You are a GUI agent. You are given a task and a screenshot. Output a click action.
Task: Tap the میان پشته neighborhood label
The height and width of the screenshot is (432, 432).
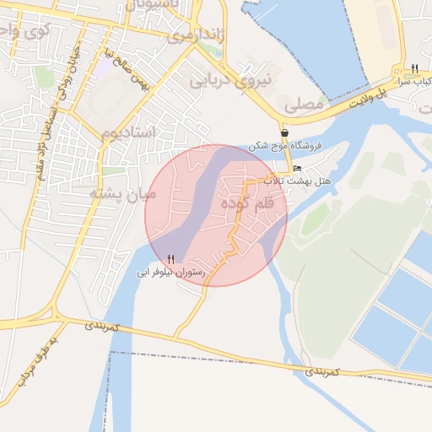click(x=124, y=194)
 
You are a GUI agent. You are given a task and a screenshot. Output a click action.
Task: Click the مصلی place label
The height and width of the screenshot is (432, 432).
click(x=305, y=105)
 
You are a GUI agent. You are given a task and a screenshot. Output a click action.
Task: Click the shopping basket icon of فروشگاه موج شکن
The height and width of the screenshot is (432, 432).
click(x=286, y=133)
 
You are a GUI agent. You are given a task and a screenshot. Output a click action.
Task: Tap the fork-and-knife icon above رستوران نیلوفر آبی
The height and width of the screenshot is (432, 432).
click(x=172, y=260)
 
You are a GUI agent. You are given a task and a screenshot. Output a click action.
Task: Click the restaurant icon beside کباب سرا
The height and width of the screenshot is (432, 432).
click(x=414, y=67)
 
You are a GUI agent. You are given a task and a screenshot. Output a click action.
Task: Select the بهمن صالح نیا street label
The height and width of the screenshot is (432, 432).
click(x=118, y=73)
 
